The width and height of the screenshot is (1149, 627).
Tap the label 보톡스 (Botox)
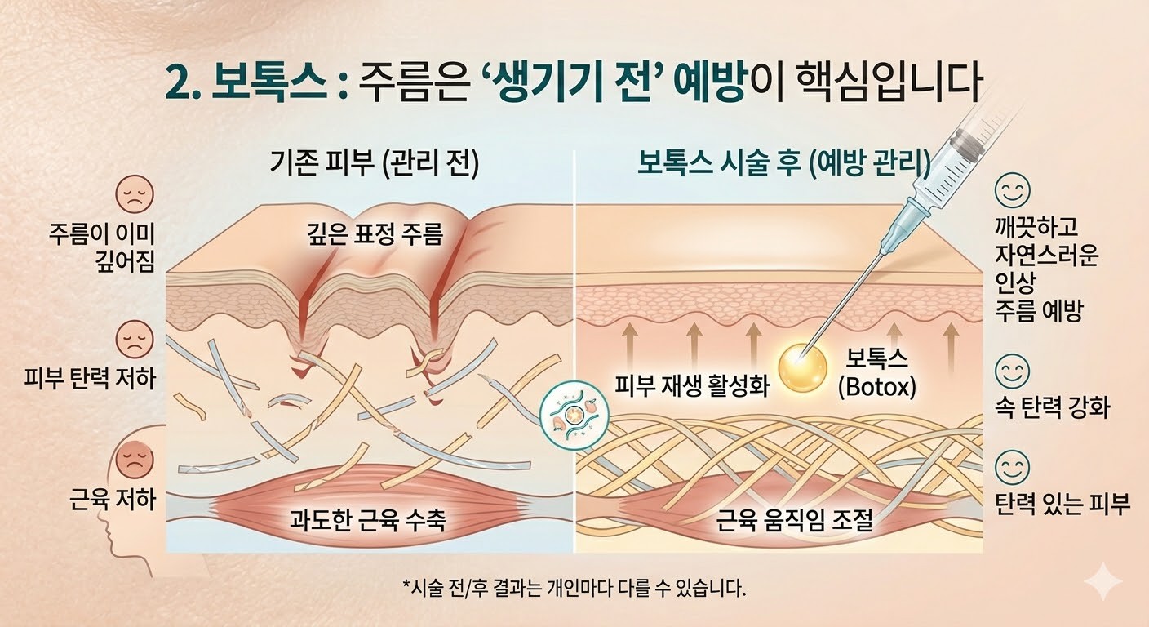pos(877,372)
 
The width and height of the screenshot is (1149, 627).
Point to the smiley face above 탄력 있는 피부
pos(1012,468)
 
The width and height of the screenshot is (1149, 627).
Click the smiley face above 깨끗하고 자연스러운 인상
pos(1012,191)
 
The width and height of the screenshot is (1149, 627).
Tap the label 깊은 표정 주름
pos(370,236)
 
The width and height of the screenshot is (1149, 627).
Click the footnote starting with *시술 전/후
pos(574,586)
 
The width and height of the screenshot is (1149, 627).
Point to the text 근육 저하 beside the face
pos(113,499)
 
